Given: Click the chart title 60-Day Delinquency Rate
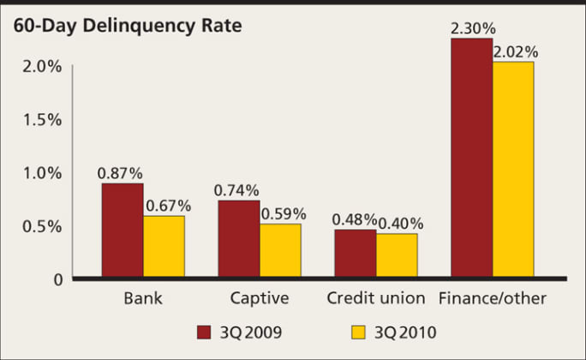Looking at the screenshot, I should click(x=127, y=26).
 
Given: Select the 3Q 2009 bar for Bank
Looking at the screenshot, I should click(x=123, y=231).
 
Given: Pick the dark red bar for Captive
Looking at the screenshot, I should click(x=239, y=239).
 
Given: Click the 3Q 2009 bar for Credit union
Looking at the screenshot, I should click(x=355, y=254).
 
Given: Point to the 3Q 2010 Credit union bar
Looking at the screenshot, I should click(x=397, y=256).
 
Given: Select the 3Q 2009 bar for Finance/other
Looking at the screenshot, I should click(x=471, y=158).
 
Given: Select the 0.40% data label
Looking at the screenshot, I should click(x=400, y=225).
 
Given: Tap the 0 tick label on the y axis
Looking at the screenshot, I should click(x=57, y=279).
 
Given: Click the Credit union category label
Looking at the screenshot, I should click(x=375, y=299).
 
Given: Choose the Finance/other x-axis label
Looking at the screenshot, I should click(x=492, y=299).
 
